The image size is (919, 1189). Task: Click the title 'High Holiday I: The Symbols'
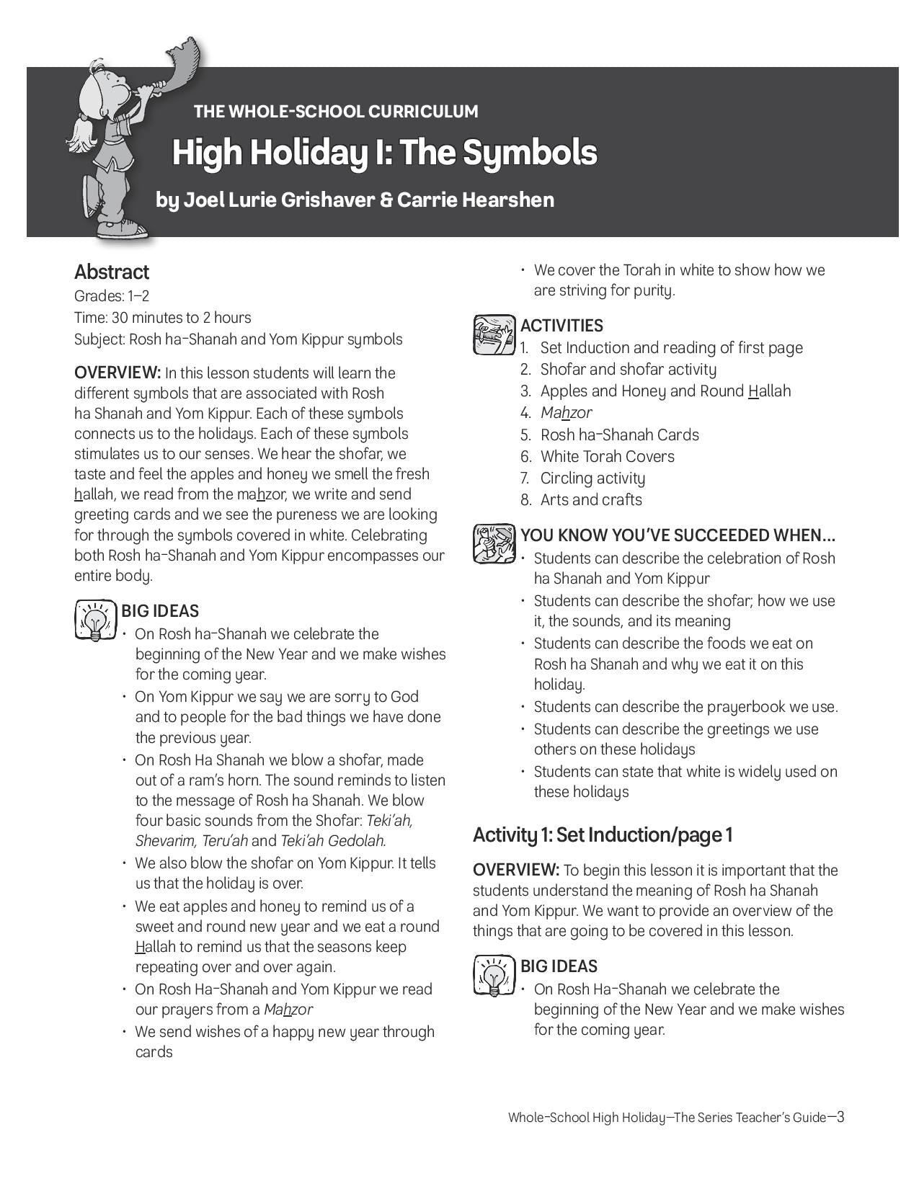pos(384,153)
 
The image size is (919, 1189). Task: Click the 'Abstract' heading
pos(112,272)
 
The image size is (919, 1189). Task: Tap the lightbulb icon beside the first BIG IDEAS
pos(95,620)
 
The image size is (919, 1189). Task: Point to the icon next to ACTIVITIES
pos(494,335)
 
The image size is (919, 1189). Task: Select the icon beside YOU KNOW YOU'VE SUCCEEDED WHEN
pos(494,544)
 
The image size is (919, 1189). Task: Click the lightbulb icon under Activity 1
pos(494,976)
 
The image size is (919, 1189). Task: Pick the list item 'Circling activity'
pos(592,478)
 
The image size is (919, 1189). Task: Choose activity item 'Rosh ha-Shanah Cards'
pos(619,435)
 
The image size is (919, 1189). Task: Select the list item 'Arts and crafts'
pos(591,500)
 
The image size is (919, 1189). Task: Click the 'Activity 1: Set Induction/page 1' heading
pos(603,835)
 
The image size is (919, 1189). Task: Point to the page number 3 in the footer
pos(840,1117)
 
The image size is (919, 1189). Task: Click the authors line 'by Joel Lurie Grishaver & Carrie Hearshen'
pos(355,200)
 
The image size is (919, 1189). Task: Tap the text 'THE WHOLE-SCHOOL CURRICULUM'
pos(336,112)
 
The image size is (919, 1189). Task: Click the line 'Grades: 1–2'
pos(112,296)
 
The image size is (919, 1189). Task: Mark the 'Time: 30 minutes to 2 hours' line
pos(163,318)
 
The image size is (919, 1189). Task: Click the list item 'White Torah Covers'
pos(607,457)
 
